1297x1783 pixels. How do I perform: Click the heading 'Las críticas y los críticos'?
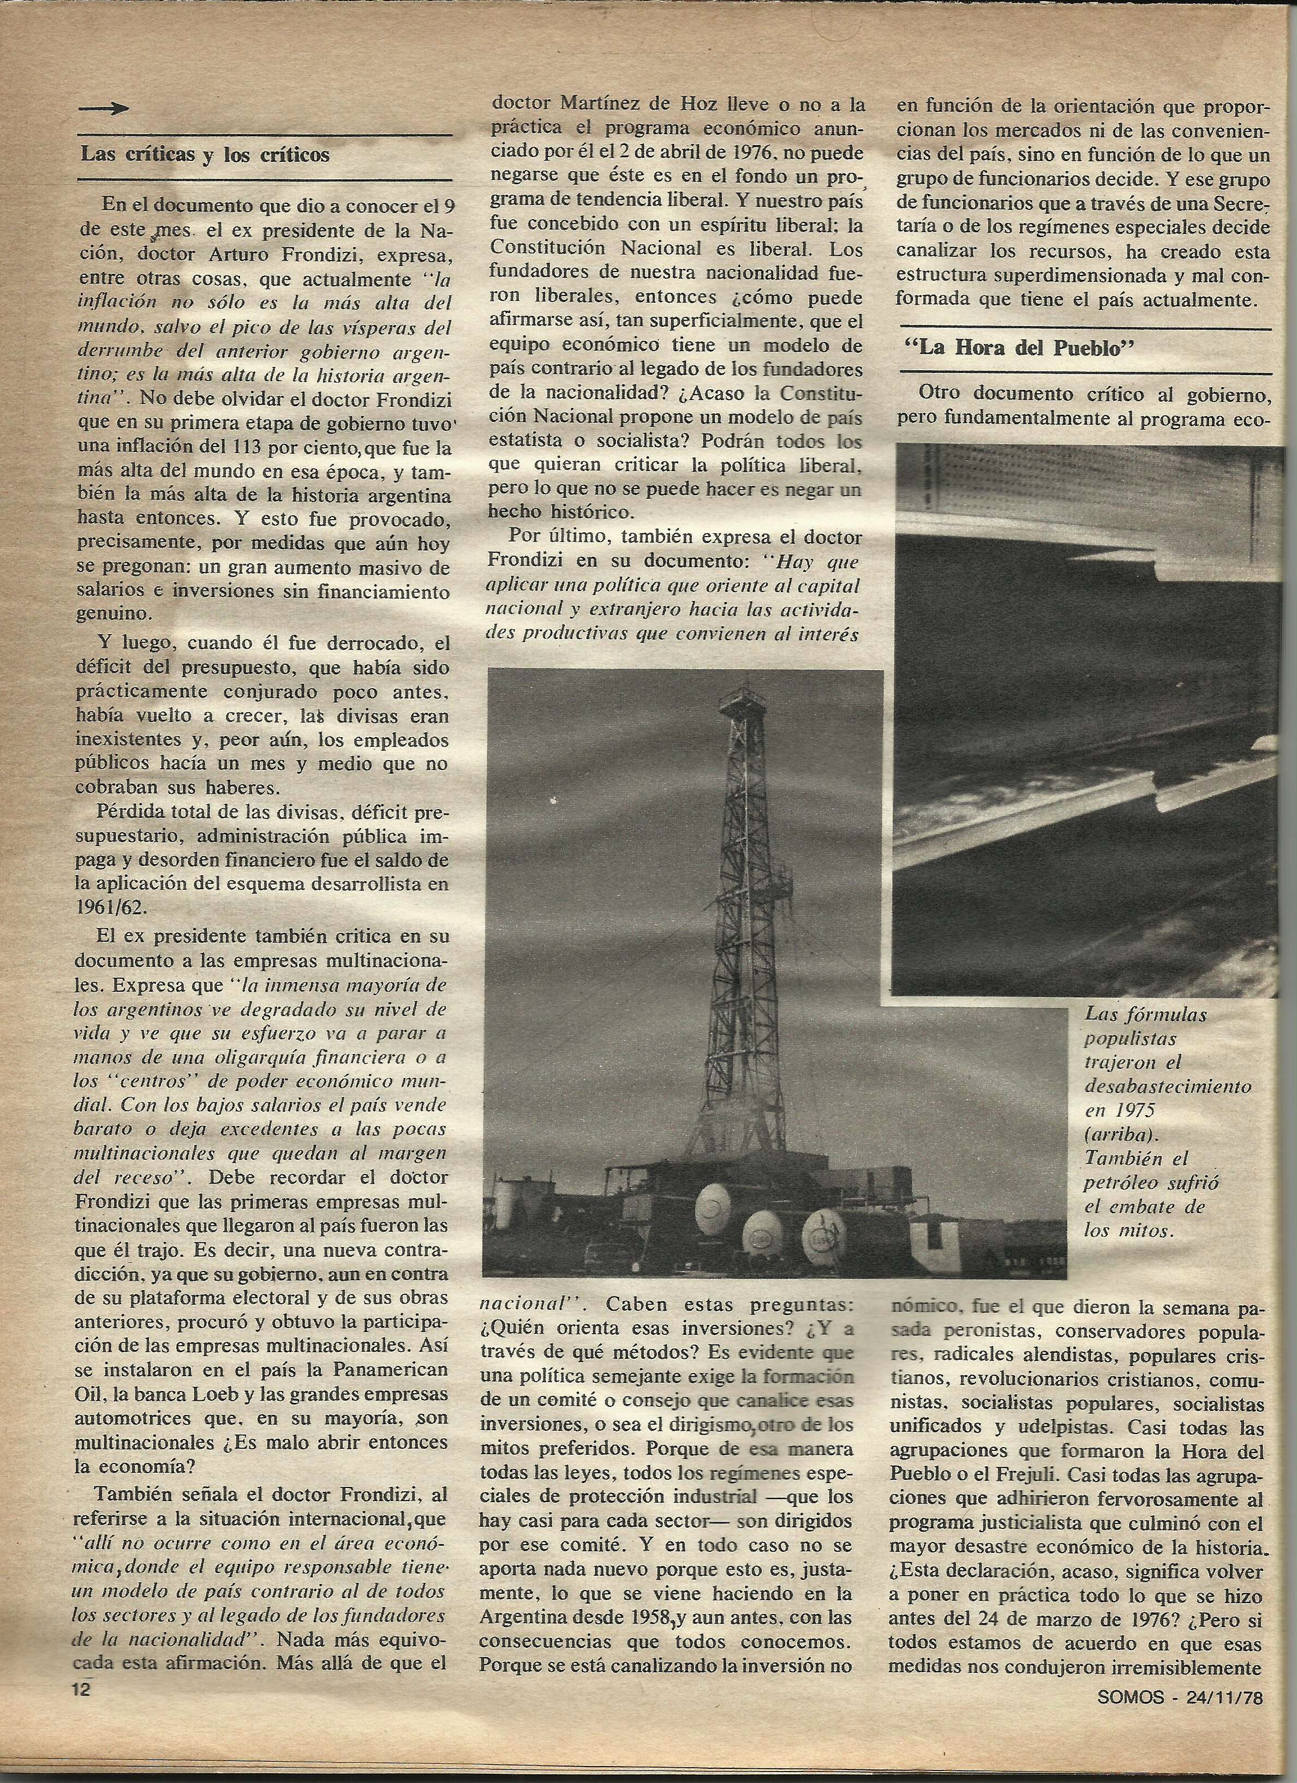coord(205,155)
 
